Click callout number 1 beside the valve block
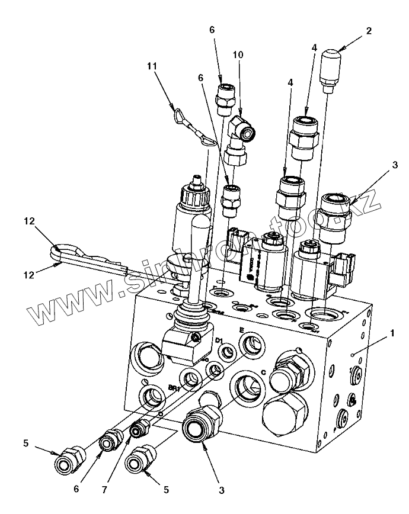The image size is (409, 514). point(392,333)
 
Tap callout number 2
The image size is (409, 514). point(369,31)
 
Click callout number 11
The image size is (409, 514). point(152,66)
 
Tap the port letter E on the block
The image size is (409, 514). point(241,330)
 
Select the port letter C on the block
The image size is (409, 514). point(262,372)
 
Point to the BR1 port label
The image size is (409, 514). point(173,388)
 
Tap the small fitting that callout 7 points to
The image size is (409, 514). point(139,428)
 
